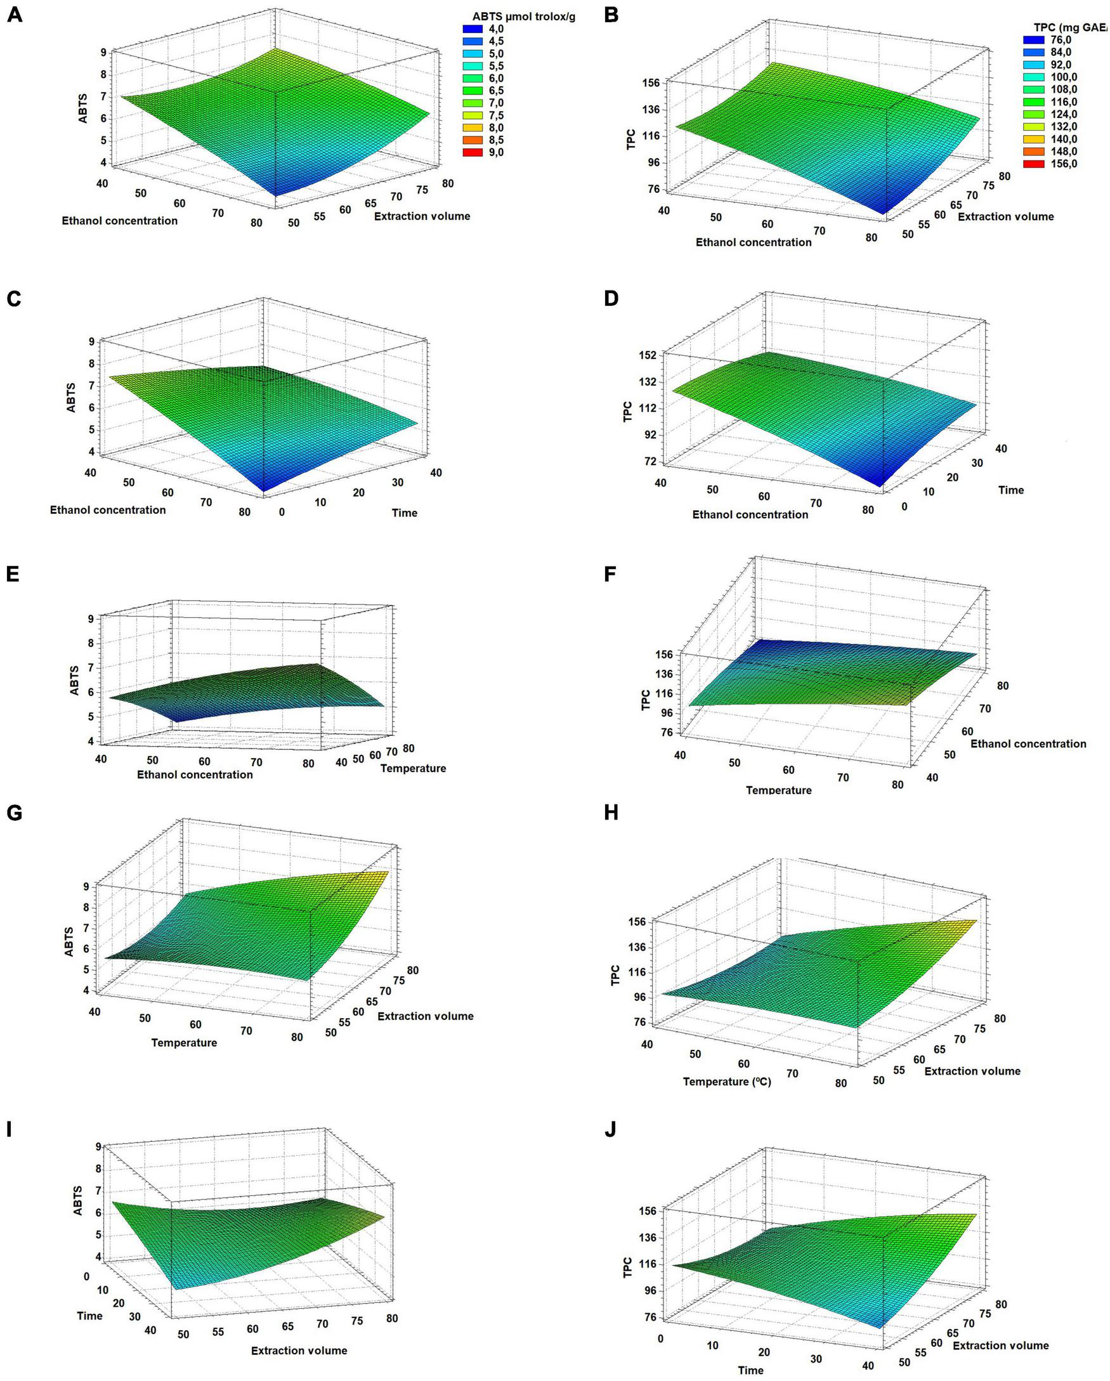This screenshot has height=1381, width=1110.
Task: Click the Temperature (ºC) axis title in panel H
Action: pos(727,1081)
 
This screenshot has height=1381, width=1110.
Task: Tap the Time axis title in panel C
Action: pos(404,513)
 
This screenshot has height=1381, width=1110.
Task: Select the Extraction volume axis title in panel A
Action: pos(421,216)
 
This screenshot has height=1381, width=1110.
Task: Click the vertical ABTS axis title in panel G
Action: pos(69,941)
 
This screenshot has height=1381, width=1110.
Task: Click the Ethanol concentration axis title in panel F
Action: pos(1028,743)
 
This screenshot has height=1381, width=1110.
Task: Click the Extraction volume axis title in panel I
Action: pos(299,1351)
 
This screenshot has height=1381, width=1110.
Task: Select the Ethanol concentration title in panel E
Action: pos(195,775)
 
